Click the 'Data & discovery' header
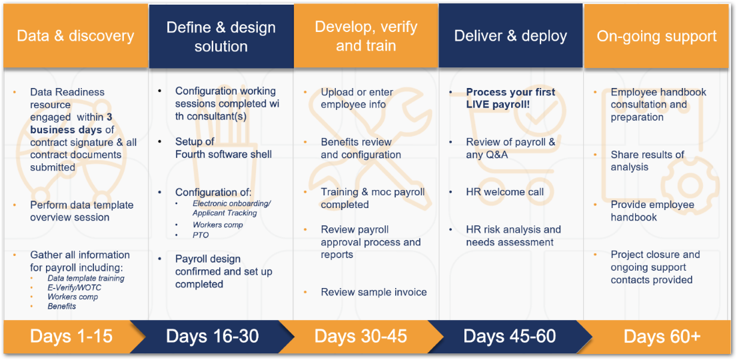pyautogui.click(x=76, y=36)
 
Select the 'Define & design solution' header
pyautogui.click(x=221, y=37)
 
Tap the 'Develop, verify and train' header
pyautogui.click(x=366, y=36)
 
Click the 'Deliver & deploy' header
pyautogui.click(x=510, y=36)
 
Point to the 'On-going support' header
pyautogui.click(x=657, y=36)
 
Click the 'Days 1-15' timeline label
pyautogui.click(x=71, y=337)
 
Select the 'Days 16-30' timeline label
pyautogui.click(x=213, y=337)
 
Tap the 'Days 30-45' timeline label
pyautogui.click(x=361, y=337)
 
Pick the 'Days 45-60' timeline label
pyautogui.click(x=510, y=337)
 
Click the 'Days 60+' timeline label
pyautogui.click(x=662, y=337)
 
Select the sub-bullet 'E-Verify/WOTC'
pyautogui.click(x=74, y=287)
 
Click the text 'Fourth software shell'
pyautogui.click(x=224, y=154)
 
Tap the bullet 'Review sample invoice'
pyautogui.click(x=374, y=292)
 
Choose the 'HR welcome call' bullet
pyautogui.click(x=505, y=192)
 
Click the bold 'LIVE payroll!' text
pyautogui.click(x=498, y=105)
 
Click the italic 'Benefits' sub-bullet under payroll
pyautogui.click(x=61, y=306)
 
